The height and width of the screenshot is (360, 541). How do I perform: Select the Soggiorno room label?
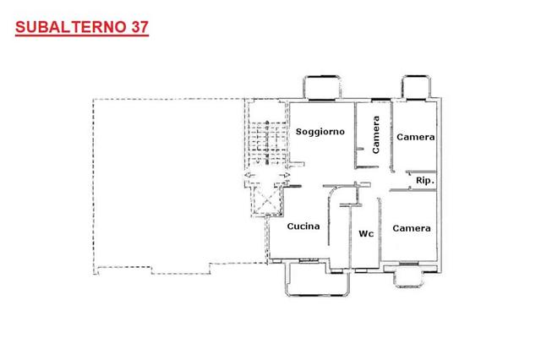coord(320,131)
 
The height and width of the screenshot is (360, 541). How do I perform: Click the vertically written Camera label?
coord(375,134)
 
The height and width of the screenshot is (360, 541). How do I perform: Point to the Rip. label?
coord(425,181)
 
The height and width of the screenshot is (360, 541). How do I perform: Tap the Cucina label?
coord(303,226)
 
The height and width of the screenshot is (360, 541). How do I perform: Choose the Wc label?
coord(366,234)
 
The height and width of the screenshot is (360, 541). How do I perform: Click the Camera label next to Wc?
coord(412,228)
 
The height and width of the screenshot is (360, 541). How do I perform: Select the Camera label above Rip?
coord(416,137)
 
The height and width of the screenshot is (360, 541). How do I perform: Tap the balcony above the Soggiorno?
coord(322,88)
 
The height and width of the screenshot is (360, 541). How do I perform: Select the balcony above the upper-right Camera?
coord(418,88)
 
